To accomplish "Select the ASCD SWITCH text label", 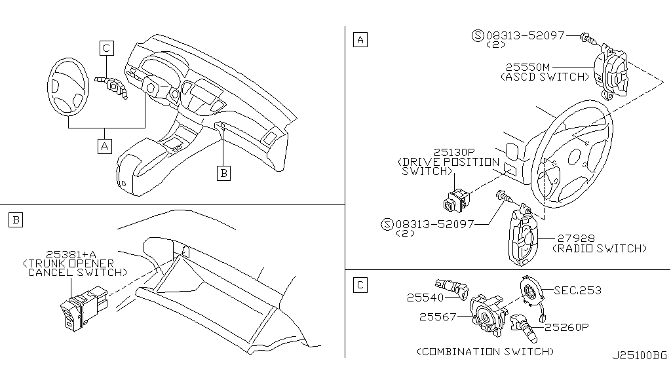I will pyautogui.click(x=543, y=77).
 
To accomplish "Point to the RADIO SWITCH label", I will pyautogui.click(x=600, y=248).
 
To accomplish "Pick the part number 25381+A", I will pyautogui.click(x=70, y=254).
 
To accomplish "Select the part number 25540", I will pyautogui.click(x=425, y=297).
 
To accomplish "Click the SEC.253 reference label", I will pyautogui.click(x=577, y=290).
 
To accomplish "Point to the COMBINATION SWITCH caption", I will pyautogui.click(x=484, y=351).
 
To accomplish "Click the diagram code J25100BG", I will pyautogui.click(x=639, y=357).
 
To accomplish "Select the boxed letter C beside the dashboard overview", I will pyautogui.click(x=106, y=47).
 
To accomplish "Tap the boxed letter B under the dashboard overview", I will pyautogui.click(x=224, y=172).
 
